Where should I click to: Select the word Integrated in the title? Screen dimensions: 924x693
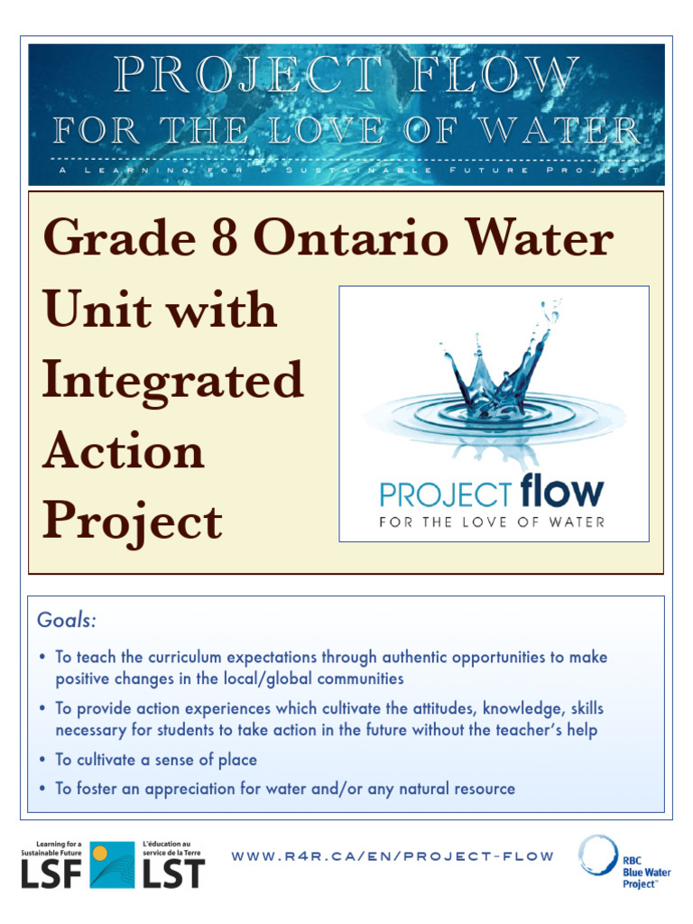click(172, 381)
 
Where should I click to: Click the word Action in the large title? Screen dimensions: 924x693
click(124, 451)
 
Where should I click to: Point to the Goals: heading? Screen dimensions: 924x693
click(67, 621)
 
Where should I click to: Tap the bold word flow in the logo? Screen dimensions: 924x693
click(560, 493)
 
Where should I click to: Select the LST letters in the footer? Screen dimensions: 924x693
click(173, 873)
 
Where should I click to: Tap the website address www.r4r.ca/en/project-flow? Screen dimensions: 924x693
click(393, 855)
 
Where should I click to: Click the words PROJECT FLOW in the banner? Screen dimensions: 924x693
click(346, 76)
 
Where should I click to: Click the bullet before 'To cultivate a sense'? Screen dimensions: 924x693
click(43, 760)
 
